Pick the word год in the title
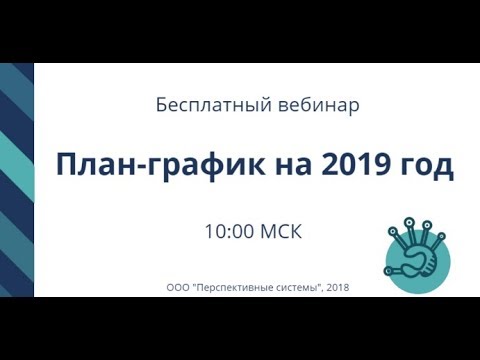coord(427,166)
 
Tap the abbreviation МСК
coord(280,231)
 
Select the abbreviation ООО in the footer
coord(179,287)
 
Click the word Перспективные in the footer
coord(237,287)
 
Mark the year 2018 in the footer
coord(339,287)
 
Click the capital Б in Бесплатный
coord(162,104)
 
